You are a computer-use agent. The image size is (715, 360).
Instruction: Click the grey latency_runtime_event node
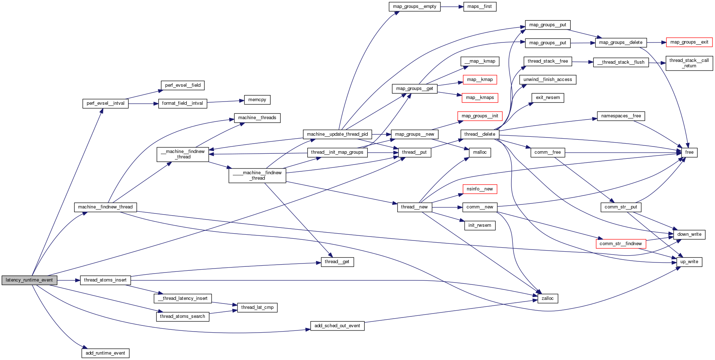(x=29, y=280)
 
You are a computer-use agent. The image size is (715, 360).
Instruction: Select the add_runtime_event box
(x=105, y=353)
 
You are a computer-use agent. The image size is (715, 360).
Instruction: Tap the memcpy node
(x=257, y=100)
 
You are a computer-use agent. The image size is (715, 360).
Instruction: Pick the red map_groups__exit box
(x=689, y=42)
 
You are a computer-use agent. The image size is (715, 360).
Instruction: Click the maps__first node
(x=479, y=6)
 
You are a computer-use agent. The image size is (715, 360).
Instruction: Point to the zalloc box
(x=547, y=298)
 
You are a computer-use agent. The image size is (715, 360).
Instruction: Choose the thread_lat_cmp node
(x=257, y=307)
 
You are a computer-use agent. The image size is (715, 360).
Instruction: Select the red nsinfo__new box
(x=479, y=189)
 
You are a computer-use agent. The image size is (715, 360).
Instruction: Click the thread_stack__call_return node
(x=689, y=63)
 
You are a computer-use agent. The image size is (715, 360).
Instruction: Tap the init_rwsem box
(x=479, y=225)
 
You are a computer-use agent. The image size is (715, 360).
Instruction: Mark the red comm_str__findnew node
(x=620, y=244)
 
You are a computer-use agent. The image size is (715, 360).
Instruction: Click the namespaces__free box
(x=621, y=116)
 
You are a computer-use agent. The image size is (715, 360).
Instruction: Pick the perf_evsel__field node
(x=182, y=85)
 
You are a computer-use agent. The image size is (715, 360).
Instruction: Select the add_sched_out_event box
(x=337, y=326)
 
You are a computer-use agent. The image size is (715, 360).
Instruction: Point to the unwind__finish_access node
(x=547, y=80)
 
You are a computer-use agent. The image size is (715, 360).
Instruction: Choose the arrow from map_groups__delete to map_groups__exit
(x=656, y=42)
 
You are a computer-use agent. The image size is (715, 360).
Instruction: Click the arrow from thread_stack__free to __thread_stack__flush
(x=582, y=62)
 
